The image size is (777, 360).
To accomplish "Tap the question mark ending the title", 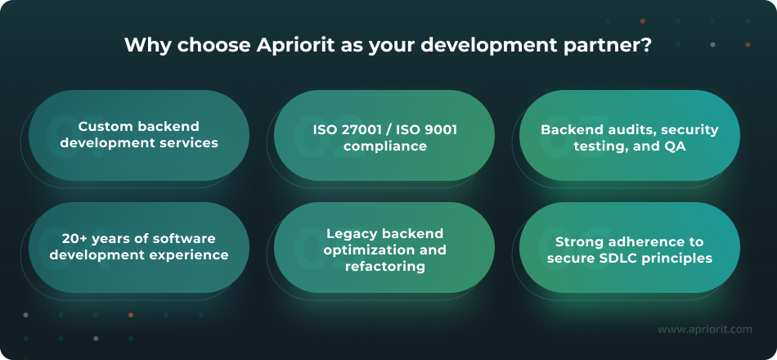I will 646,45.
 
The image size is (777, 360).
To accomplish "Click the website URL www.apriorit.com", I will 704,330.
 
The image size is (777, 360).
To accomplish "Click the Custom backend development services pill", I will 139,135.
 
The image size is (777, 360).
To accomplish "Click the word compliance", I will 384,146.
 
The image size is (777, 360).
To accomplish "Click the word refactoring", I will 384,267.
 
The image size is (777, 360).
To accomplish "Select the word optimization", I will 361,250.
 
